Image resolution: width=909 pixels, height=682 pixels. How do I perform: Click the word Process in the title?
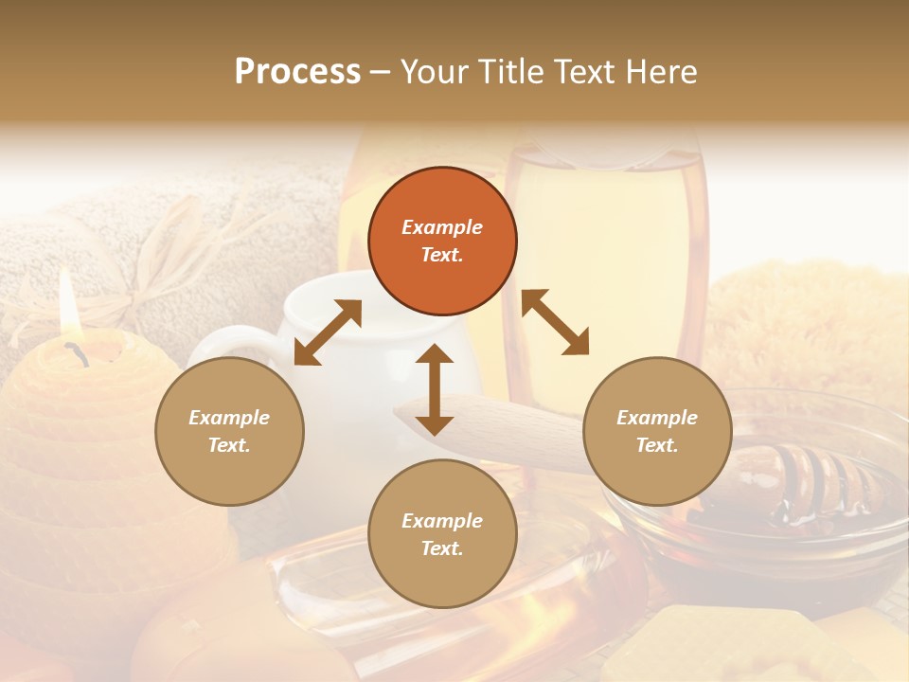pyautogui.click(x=297, y=72)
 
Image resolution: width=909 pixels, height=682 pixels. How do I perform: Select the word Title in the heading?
pyautogui.click(x=507, y=72)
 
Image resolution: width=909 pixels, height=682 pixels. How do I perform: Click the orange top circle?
pyautogui.click(x=442, y=241)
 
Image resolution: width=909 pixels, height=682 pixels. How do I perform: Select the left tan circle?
pyautogui.click(x=229, y=431)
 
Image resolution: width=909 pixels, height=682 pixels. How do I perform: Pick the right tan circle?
pyautogui.click(x=656, y=431)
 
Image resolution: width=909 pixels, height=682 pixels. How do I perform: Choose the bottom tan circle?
pyautogui.click(x=442, y=533)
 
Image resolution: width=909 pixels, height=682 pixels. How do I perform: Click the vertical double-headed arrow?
pyautogui.click(x=435, y=389)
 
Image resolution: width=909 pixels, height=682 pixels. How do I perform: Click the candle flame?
pyautogui.click(x=66, y=304)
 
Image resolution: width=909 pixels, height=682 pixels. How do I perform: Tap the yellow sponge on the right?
pyautogui.click(x=805, y=322)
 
